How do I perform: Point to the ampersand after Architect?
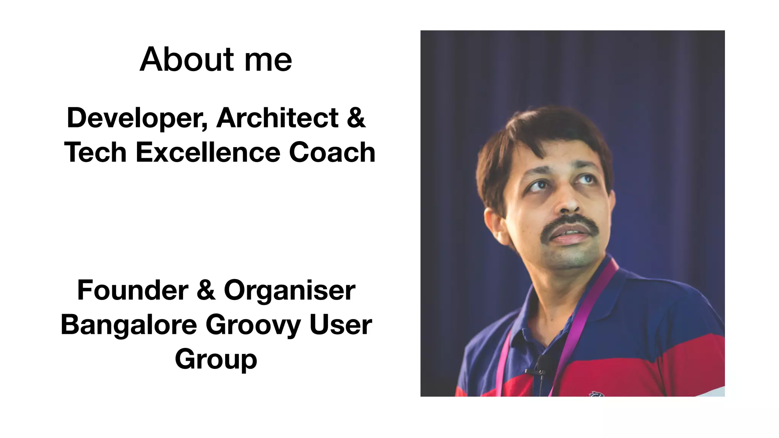356,118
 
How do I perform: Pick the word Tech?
95,152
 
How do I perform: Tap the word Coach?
332,152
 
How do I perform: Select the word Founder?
133,290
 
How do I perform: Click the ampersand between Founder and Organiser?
206,290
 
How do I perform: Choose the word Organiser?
290,290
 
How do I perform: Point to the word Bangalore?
129,325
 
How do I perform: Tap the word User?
341,325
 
